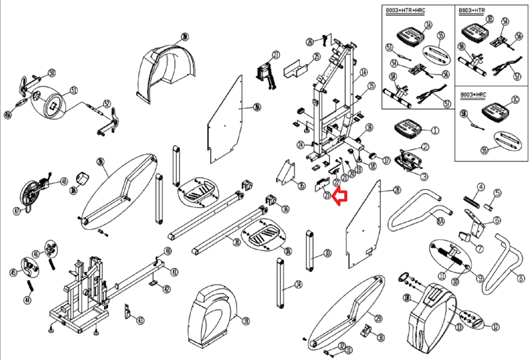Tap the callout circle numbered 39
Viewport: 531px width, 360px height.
pos(246,321)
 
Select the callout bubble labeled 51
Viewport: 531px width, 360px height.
pos(74,90)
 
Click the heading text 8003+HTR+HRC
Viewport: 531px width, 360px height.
pos(405,11)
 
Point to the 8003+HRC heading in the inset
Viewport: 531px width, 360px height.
pos(473,95)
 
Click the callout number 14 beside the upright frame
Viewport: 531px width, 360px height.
pos(364,72)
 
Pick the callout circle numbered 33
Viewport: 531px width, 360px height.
pos(328,253)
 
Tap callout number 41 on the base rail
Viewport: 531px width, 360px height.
pos(174,272)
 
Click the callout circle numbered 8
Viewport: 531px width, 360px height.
pos(521,278)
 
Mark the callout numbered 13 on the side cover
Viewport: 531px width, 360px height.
pos(459,327)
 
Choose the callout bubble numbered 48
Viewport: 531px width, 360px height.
pos(64,181)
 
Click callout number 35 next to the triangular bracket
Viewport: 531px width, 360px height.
pos(301,186)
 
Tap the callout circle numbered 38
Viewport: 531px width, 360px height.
pos(237,242)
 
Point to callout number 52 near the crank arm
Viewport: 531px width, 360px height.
pos(107,104)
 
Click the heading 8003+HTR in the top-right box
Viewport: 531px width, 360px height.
pos(472,11)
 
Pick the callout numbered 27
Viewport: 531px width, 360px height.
pos(276,55)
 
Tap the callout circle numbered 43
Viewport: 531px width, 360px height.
pos(140,320)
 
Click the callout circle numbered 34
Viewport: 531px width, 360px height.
pos(299,284)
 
